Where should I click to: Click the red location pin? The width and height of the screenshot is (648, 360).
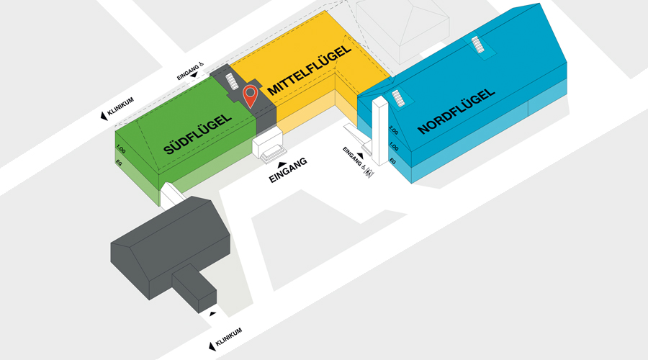tap(251, 96)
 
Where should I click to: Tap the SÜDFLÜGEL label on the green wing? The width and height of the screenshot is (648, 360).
tap(197, 135)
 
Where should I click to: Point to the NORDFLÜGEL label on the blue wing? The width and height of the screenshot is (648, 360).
tap(456, 111)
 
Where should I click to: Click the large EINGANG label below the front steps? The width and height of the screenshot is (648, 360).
tap(288, 170)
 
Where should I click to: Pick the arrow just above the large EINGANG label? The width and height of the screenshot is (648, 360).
tap(282, 164)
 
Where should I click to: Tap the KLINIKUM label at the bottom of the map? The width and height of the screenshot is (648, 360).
tap(229, 337)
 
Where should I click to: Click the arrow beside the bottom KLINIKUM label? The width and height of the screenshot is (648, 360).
tap(212, 346)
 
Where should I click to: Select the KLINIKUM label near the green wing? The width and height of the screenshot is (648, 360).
tap(121, 107)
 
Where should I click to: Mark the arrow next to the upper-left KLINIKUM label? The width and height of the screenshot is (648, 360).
tap(104, 116)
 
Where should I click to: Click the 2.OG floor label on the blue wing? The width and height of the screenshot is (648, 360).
tap(394, 130)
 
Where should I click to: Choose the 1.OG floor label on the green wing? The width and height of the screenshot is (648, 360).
tap(121, 149)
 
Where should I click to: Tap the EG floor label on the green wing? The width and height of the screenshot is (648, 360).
tap(119, 163)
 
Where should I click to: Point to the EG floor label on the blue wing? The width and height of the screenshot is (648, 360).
tap(392, 161)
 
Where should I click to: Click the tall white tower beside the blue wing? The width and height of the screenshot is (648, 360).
tap(380, 130)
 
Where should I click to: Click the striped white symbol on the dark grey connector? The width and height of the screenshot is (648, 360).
tap(233, 81)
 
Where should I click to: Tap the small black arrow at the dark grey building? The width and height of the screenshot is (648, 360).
tap(212, 314)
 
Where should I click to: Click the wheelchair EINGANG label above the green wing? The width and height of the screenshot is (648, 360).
tap(190, 71)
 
